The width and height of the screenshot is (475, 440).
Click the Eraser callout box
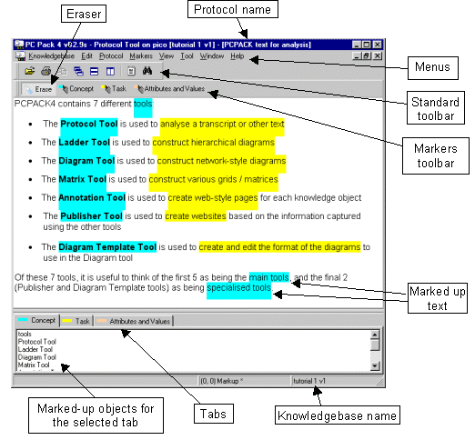tap(84, 14)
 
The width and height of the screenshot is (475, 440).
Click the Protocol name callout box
tap(233, 9)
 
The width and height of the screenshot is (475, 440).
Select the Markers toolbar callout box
tap(436, 155)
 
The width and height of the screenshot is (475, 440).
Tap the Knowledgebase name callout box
tap(338, 415)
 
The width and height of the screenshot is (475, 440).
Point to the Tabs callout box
tap(214, 414)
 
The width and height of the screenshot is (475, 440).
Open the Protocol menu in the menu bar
tap(111, 56)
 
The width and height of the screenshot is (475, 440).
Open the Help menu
tap(237, 56)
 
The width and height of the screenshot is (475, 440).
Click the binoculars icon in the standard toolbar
tap(147, 71)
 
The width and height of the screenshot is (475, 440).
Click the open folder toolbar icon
tap(29, 71)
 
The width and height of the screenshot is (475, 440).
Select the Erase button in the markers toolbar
tap(38, 89)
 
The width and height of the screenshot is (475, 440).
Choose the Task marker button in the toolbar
tap(114, 89)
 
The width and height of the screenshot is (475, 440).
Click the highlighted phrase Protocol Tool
tap(89, 124)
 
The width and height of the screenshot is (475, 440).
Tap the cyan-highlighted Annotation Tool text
tap(92, 198)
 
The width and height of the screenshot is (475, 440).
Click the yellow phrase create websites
tap(196, 216)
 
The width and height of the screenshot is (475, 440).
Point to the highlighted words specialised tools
tap(239, 287)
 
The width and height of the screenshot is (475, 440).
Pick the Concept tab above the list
tap(36, 321)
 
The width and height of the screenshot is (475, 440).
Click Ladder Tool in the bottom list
tap(35, 349)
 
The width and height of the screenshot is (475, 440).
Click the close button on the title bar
tap(377, 45)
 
